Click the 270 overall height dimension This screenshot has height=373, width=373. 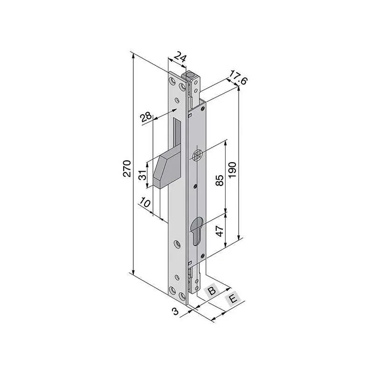click(127, 168)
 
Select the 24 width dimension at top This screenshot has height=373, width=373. click(180, 57)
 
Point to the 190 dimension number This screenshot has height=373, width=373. click(232, 170)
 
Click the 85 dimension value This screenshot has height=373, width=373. click(219, 180)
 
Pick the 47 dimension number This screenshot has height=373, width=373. click(219, 231)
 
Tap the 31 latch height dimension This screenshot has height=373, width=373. click(142, 175)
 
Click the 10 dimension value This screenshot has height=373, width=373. click(145, 203)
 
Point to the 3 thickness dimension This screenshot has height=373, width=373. click(176, 311)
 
